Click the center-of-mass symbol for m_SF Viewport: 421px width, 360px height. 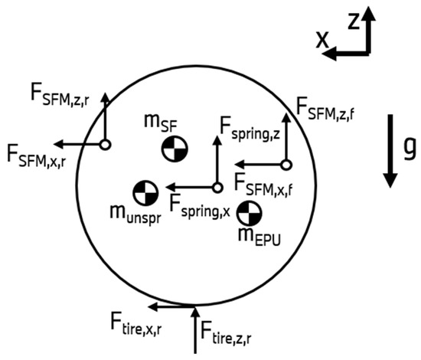click(175, 149)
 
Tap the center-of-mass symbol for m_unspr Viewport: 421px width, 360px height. click(145, 193)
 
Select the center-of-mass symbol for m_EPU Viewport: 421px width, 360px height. click(250, 213)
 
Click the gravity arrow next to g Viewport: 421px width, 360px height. click(390, 151)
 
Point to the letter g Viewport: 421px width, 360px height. click(410, 150)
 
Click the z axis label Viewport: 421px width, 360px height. click(354, 21)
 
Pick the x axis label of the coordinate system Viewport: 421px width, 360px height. click(322, 40)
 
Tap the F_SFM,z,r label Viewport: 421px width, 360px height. click(60, 97)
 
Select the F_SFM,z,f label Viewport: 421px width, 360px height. click(325, 109)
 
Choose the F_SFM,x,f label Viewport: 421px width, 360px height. click(263, 185)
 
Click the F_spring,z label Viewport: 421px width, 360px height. click(250, 129)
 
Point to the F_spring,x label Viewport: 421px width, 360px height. click(200, 207)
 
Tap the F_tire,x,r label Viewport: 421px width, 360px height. click(136, 324)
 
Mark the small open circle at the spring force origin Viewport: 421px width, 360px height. click(217, 188)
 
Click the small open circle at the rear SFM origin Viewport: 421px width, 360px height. click(106, 145)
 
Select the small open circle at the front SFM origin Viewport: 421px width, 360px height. click(286, 165)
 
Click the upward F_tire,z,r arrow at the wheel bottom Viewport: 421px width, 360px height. click(195, 330)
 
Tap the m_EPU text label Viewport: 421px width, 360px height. click(259, 237)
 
